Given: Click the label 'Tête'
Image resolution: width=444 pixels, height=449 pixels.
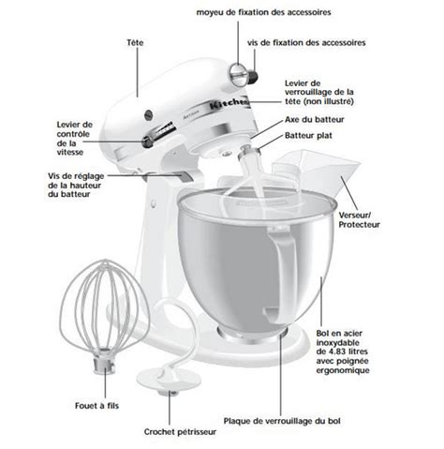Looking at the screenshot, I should point(135,42).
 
